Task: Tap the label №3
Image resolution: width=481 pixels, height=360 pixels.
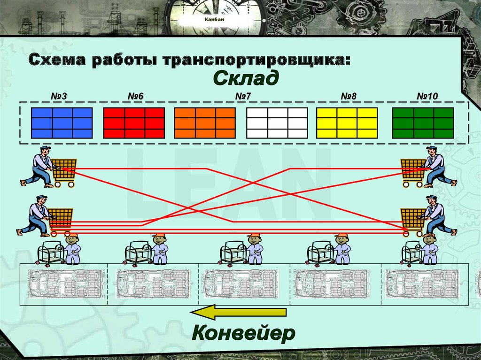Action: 59,96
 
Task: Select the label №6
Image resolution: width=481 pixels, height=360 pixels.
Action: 135,96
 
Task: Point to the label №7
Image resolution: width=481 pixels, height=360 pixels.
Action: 244,96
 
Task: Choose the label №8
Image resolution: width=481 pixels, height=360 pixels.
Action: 349,96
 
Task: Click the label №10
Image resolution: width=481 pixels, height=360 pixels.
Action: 427,96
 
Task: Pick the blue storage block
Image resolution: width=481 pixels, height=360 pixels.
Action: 62,123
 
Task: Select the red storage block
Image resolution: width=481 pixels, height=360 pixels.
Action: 134,123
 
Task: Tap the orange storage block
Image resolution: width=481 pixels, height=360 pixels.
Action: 205,123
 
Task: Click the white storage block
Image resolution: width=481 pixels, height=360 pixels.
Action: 277,123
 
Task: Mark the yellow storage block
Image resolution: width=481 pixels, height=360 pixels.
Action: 347,123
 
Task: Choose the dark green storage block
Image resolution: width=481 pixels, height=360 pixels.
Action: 423,123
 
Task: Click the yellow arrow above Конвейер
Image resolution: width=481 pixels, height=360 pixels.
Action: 238,313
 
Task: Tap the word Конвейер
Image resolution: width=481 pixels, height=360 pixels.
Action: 243,333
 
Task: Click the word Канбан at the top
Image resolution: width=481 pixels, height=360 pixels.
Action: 214,19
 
